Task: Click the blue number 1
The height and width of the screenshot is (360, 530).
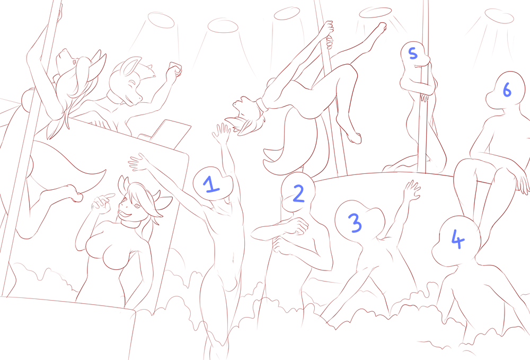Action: [211, 185]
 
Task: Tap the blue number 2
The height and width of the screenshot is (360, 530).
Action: [298, 194]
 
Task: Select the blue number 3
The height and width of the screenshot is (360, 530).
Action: [355, 223]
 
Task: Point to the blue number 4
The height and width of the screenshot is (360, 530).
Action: [458, 239]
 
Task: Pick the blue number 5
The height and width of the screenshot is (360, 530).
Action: [413, 53]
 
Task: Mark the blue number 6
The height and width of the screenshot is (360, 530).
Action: [507, 90]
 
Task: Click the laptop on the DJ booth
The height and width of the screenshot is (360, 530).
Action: [165, 133]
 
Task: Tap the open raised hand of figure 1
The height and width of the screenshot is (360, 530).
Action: [222, 133]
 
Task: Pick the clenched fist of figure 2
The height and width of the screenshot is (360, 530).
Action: [296, 226]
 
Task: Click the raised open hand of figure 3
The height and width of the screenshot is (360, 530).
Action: [412, 190]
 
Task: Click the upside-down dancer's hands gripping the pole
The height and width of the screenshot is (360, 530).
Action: [327, 34]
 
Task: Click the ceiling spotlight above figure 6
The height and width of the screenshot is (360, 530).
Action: [499, 16]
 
